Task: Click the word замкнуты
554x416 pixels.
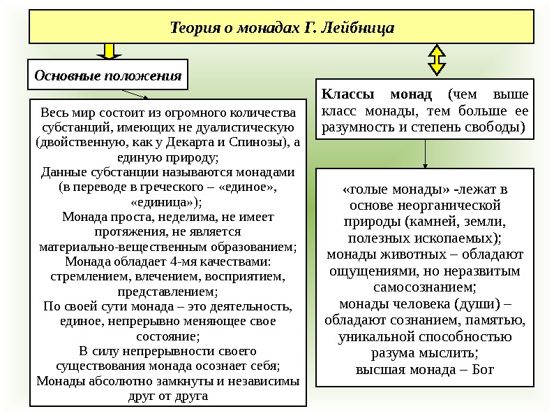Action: tap(184, 382)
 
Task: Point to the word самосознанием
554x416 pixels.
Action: tap(424, 287)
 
